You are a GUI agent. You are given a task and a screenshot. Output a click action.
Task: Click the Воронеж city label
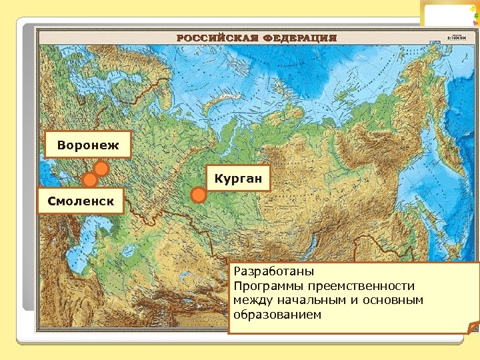click(x=87, y=145)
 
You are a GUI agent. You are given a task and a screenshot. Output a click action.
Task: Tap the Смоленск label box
click(x=81, y=200)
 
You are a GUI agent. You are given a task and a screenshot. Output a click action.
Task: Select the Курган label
click(x=238, y=178)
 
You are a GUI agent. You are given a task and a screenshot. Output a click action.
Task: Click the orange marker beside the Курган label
click(x=198, y=195)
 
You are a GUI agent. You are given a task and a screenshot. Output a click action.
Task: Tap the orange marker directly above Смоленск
click(x=89, y=180)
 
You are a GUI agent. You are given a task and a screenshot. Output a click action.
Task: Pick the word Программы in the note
click(x=265, y=286)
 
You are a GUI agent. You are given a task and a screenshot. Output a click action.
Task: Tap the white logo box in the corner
click(x=449, y=14)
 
